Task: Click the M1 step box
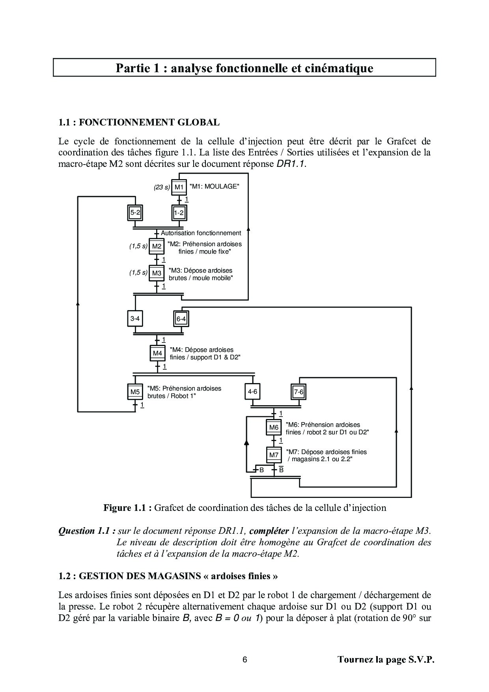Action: [179, 187]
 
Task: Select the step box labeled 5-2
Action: [135, 213]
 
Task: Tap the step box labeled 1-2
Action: [179, 213]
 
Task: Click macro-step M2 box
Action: [157, 246]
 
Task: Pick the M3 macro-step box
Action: [157, 273]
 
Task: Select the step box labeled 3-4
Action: [135, 319]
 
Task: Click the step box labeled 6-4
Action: [181, 319]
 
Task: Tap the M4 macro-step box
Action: [157, 353]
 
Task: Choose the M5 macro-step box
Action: [135, 392]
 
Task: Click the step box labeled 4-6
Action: [252, 392]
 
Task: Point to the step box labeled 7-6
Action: [299, 392]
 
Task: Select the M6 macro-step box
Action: [274, 428]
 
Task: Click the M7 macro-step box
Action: [274, 455]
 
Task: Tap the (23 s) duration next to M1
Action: [162, 187]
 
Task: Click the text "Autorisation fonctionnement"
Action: [201, 233]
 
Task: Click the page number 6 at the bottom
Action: [244, 660]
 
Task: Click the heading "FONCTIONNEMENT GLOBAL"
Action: [149, 122]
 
